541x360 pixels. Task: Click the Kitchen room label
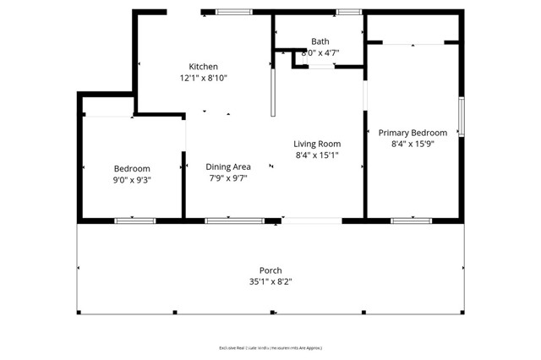pyautogui.click(x=203, y=67)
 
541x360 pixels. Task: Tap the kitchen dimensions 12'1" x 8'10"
pyautogui.click(x=203, y=78)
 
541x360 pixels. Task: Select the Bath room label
pyautogui.click(x=320, y=41)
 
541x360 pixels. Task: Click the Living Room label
pyautogui.click(x=317, y=144)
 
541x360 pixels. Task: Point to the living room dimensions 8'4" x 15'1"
pyautogui.click(x=317, y=155)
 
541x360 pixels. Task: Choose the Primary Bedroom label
pyautogui.click(x=413, y=133)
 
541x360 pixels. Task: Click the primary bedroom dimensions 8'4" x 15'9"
pyautogui.click(x=413, y=145)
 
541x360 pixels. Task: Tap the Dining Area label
pyautogui.click(x=228, y=166)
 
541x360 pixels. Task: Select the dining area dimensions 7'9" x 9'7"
pyautogui.click(x=228, y=178)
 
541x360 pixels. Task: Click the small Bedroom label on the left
pyautogui.click(x=132, y=168)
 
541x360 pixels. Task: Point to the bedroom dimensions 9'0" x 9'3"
pyautogui.click(x=132, y=180)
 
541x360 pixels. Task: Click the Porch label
pyautogui.click(x=270, y=270)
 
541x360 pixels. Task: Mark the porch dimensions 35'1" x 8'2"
pyautogui.click(x=270, y=282)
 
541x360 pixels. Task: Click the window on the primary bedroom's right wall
pyautogui.click(x=462, y=117)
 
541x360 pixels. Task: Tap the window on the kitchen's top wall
pyautogui.click(x=234, y=12)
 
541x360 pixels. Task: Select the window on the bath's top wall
pyautogui.click(x=347, y=12)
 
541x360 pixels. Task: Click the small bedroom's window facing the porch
pyautogui.click(x=135, y=221)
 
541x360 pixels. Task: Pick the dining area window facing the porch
pyautogui.click(x=234, y=221)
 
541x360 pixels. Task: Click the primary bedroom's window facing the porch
pyautogui.click(x=412, y=221)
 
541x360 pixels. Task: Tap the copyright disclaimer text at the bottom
pyautogui.click(x=270, y=347)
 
